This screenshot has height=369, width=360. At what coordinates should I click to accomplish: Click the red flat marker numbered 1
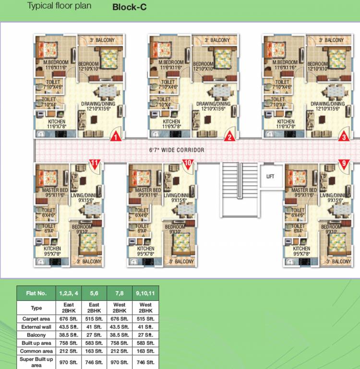coord(115,137)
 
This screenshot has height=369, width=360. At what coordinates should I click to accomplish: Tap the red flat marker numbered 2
coord(230,137)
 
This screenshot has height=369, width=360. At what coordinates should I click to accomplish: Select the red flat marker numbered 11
coord(95,164)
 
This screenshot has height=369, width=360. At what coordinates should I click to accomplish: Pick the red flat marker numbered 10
coord(187,164)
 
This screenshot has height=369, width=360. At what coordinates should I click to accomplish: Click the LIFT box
coord(270,176)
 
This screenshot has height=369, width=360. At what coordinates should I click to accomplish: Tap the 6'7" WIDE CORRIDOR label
coord(176,150)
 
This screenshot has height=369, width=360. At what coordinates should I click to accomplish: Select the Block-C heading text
coord(129,7)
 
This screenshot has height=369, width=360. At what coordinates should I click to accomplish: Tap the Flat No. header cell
coord(36,293)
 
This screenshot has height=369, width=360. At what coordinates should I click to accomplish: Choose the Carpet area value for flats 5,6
coord(94,319)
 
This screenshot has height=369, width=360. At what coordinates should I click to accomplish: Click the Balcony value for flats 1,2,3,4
coord(68,335)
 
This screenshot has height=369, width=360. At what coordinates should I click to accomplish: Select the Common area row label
coord(36,351)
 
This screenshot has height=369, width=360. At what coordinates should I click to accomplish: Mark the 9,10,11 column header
coord(144,293)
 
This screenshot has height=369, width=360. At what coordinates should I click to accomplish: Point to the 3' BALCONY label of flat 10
coord(182,262)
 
